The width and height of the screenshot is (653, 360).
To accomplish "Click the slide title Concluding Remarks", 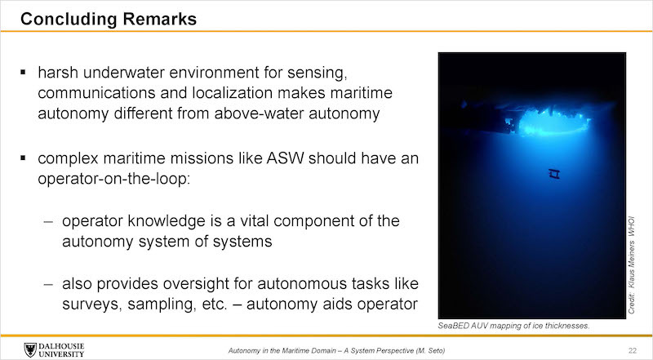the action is pos(109,19).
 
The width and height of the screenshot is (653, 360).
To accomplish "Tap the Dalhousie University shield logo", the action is pos(30,349).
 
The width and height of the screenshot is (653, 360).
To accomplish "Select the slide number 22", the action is pos(633,350).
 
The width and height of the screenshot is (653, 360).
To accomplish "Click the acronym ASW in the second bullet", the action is pos(285,158).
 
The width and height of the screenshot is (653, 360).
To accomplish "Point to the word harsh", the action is pos(58,73).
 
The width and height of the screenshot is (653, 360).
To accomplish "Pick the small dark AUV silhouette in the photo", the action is pos(554,173).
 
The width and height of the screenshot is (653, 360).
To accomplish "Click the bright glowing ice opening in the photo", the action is pos(549,121).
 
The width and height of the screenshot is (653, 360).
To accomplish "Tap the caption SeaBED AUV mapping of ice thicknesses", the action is pos(513,326).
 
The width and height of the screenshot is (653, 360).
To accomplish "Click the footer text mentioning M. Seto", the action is pos(336,351).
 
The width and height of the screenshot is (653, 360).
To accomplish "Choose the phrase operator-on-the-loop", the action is pos(113,179).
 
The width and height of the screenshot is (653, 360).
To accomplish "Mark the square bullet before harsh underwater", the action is pos(23,73).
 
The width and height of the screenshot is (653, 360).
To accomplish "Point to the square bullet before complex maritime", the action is pos(23,158).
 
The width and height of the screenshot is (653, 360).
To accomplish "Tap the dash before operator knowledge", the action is pos(48,222).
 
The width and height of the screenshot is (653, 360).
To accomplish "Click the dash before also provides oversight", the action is pos(48,284).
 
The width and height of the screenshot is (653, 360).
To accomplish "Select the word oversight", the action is pos(196,284).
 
